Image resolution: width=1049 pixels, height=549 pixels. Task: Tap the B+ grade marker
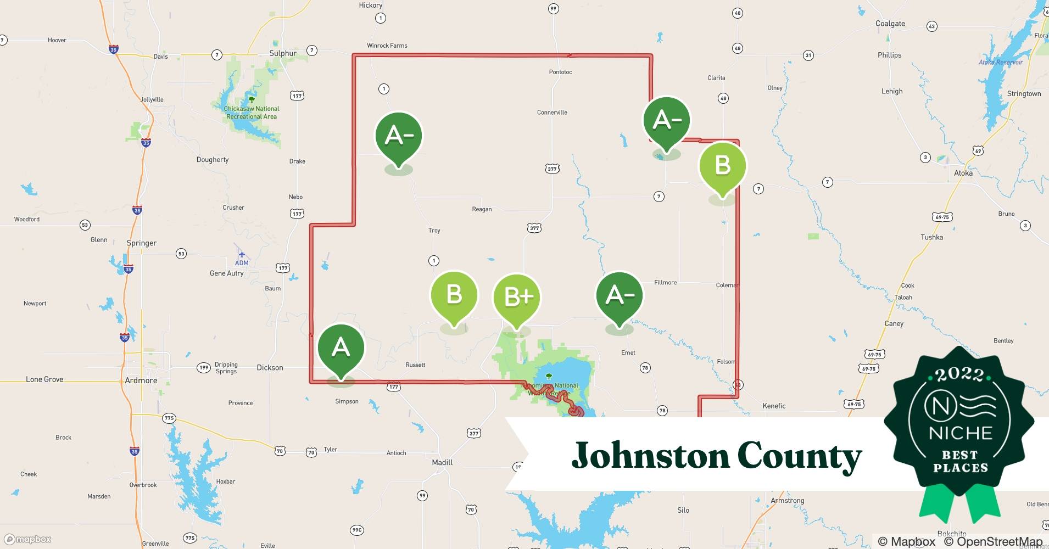click(x=517, y=297)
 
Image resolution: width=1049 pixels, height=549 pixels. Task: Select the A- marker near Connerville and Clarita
click(x=667, y=120)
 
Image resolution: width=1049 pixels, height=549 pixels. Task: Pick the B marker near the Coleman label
click(x=722, y=165)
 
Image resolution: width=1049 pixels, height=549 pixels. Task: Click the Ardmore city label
click(x=141, y=380)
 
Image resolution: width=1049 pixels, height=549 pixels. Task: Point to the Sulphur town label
click(x=283, y=53)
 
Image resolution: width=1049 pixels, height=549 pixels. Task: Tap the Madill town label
click(x=442, y=462)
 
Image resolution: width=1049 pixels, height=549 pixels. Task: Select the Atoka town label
click(x=963, y=173)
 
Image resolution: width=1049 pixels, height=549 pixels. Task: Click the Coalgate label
click(x=890, y=24)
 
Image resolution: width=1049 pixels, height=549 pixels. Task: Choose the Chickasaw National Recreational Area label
click(x=252, y=113)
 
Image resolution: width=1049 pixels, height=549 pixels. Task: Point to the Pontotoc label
click(x=560, y=72)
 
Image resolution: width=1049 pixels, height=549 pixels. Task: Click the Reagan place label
click(x=482, y=209)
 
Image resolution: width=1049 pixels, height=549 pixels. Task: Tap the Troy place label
click(x=434, y=231)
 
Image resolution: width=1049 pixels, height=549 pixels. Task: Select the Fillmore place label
click(x=665, y=282)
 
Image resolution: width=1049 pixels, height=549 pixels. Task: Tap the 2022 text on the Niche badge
click(x=959, y=374)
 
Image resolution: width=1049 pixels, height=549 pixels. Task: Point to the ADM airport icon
click(x=242, y=254)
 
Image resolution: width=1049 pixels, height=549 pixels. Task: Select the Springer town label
click(x=142, y=243)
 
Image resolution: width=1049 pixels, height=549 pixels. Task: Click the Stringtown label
click(x=1024, y=94)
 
